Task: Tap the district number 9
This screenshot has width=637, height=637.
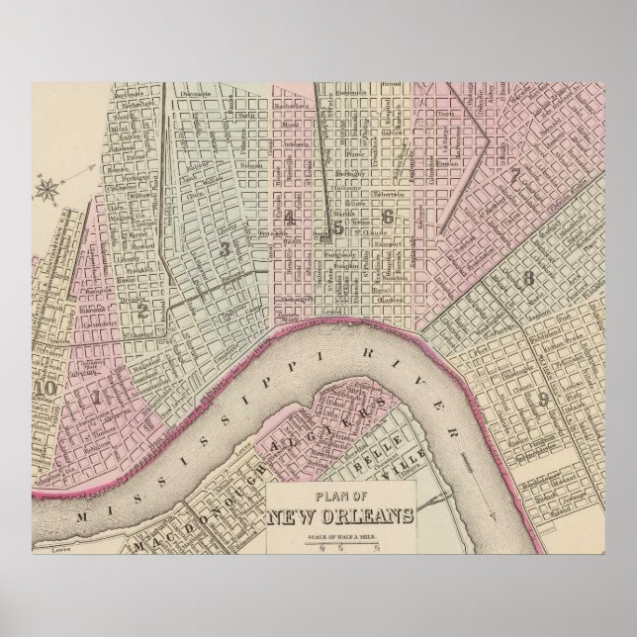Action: [x=544, y=398]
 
